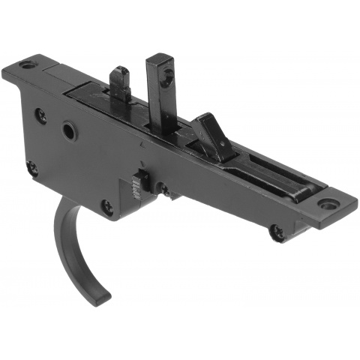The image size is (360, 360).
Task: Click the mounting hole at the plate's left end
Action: point(28,65)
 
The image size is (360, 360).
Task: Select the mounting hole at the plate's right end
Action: point(326,203)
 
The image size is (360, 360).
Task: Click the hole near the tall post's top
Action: point(168,73)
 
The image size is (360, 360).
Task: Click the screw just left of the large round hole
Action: point(40,115)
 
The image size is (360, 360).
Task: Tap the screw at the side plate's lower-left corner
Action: point(31,169)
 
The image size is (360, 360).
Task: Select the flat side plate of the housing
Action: point(82,157)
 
